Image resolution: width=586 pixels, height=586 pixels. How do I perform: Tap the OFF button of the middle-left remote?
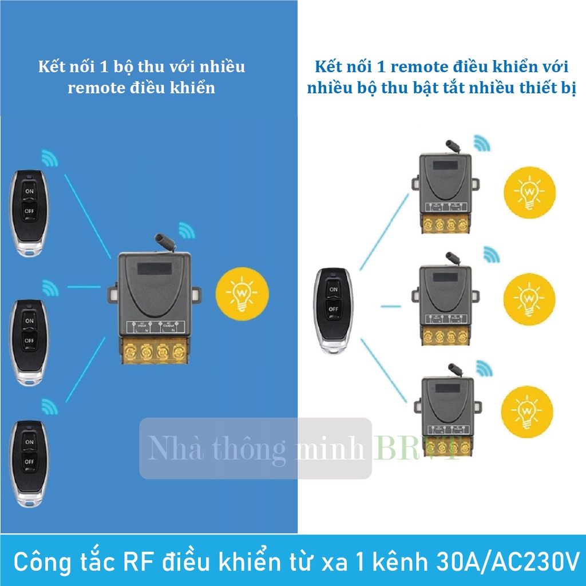click(29, 341)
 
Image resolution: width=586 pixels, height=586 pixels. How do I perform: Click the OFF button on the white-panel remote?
click(333, 310)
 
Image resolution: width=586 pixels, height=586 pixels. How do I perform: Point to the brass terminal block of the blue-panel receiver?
click(155, 351)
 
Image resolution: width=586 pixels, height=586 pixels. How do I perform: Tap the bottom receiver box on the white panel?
click(445, 403)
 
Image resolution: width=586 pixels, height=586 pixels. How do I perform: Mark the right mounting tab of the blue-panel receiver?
click(197, 294)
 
